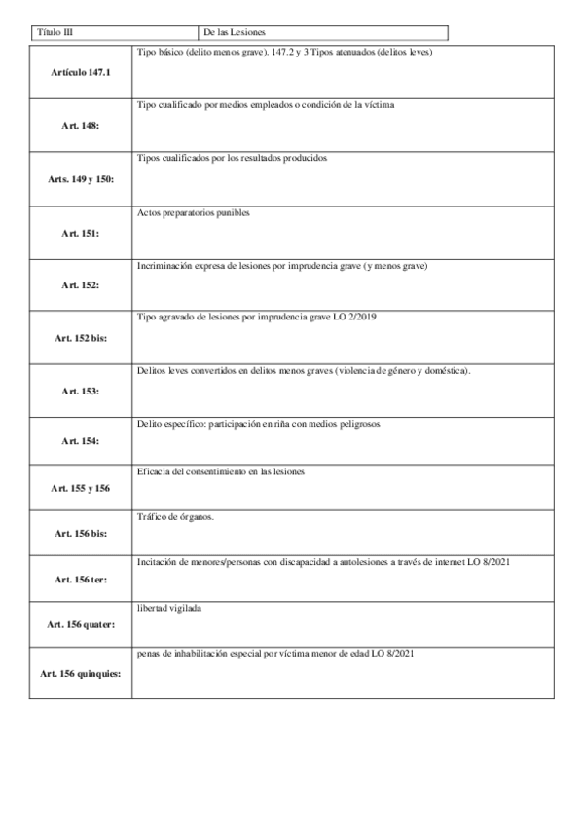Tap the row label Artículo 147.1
(81, 73)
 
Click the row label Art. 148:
(81, 126)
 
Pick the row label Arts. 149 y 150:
(81, 180)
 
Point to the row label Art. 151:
(81, 234)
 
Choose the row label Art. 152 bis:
(81, 338)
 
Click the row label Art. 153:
(81, 391)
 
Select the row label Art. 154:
(81, 441)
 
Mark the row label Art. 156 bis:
(81, 534)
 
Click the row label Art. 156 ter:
(81, 579)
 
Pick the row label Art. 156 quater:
(81, 623)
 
